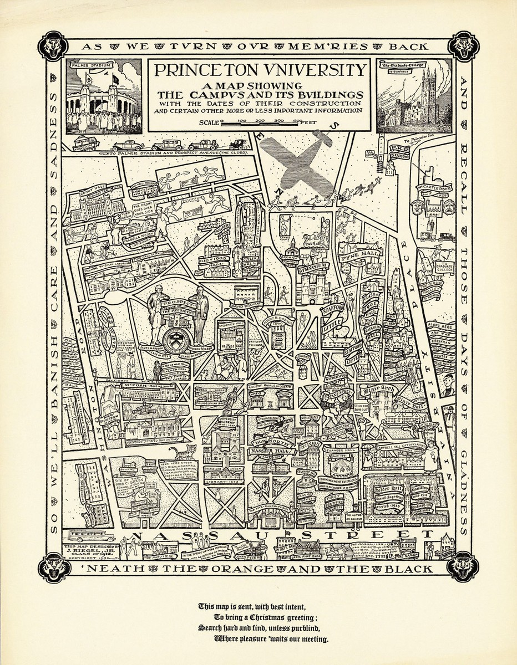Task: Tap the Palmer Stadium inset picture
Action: pyautogui.click(x=102, y=98)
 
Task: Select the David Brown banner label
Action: pyautogui.click(x=241, y=304)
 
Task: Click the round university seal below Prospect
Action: pyautogui.click(x=178, y=339)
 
